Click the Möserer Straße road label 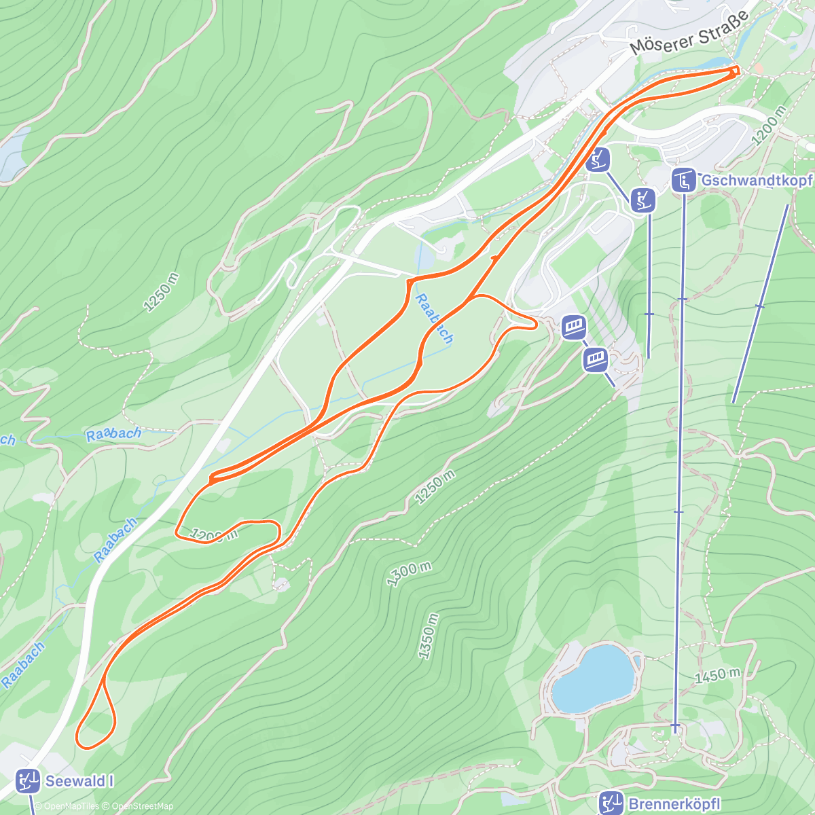point(689,33)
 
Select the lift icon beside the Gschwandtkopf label point(684,181)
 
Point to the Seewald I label point(79,781)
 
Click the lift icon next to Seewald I point(28,781)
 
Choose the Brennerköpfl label point(674,804)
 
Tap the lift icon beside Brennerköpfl point(611,803)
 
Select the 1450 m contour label point(718,675)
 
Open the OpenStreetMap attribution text point(143,806)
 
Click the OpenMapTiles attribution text point(71,806)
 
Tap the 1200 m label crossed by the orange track point(213,536)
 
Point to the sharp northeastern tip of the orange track point(737,69)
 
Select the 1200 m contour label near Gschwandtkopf point(769,126)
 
